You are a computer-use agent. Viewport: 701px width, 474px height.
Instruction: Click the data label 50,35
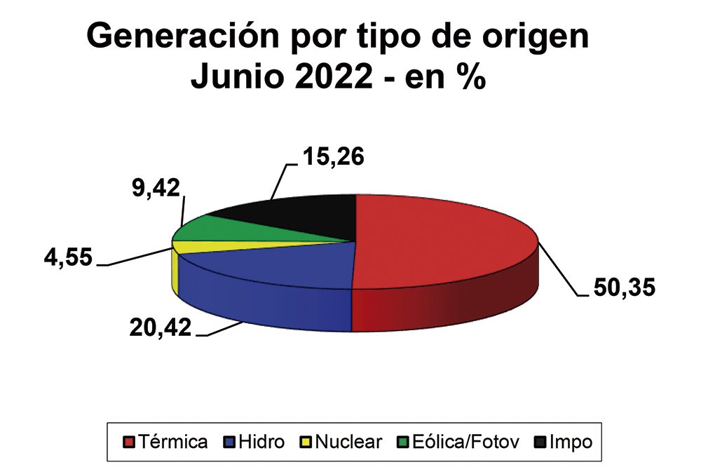coord(624,288)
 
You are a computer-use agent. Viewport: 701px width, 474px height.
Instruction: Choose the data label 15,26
coord(334,156)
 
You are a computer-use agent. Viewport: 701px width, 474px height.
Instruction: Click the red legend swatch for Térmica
coord(128,442)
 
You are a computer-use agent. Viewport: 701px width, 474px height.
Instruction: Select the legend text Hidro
coord(261,442)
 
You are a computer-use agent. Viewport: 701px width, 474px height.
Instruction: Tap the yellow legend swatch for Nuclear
coord(305,442)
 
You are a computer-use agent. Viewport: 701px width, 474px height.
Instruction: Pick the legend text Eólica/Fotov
coord(465,442)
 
